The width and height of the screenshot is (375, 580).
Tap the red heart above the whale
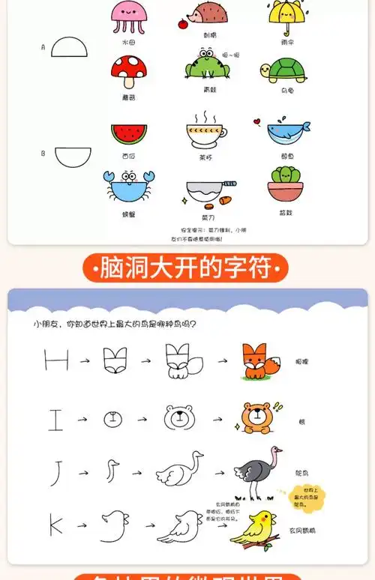pyautogui.click(x=256, y=119)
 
